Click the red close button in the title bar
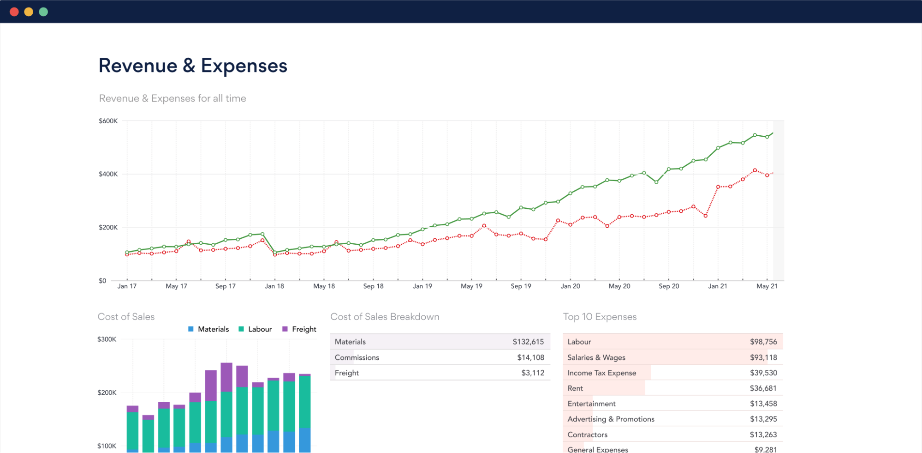[14, 12]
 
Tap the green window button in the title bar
[43, 12]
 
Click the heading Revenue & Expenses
[193, 66]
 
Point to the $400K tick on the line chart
[108, 174]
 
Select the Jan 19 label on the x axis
[422, 286]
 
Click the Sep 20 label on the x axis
[668, 286]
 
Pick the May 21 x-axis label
[767, 286]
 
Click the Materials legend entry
[208, 329]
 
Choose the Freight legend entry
[299, 329]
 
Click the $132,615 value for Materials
[528, 342]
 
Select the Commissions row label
[357, 357]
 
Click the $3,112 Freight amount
[533, 373]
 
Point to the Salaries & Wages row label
[596, 357]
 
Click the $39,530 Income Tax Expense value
[763, 373]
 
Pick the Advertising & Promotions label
[611, 419]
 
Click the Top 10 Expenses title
[599, 317]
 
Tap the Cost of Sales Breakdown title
[384, 317]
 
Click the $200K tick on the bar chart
[107, 393]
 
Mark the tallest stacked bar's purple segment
[226, 377]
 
